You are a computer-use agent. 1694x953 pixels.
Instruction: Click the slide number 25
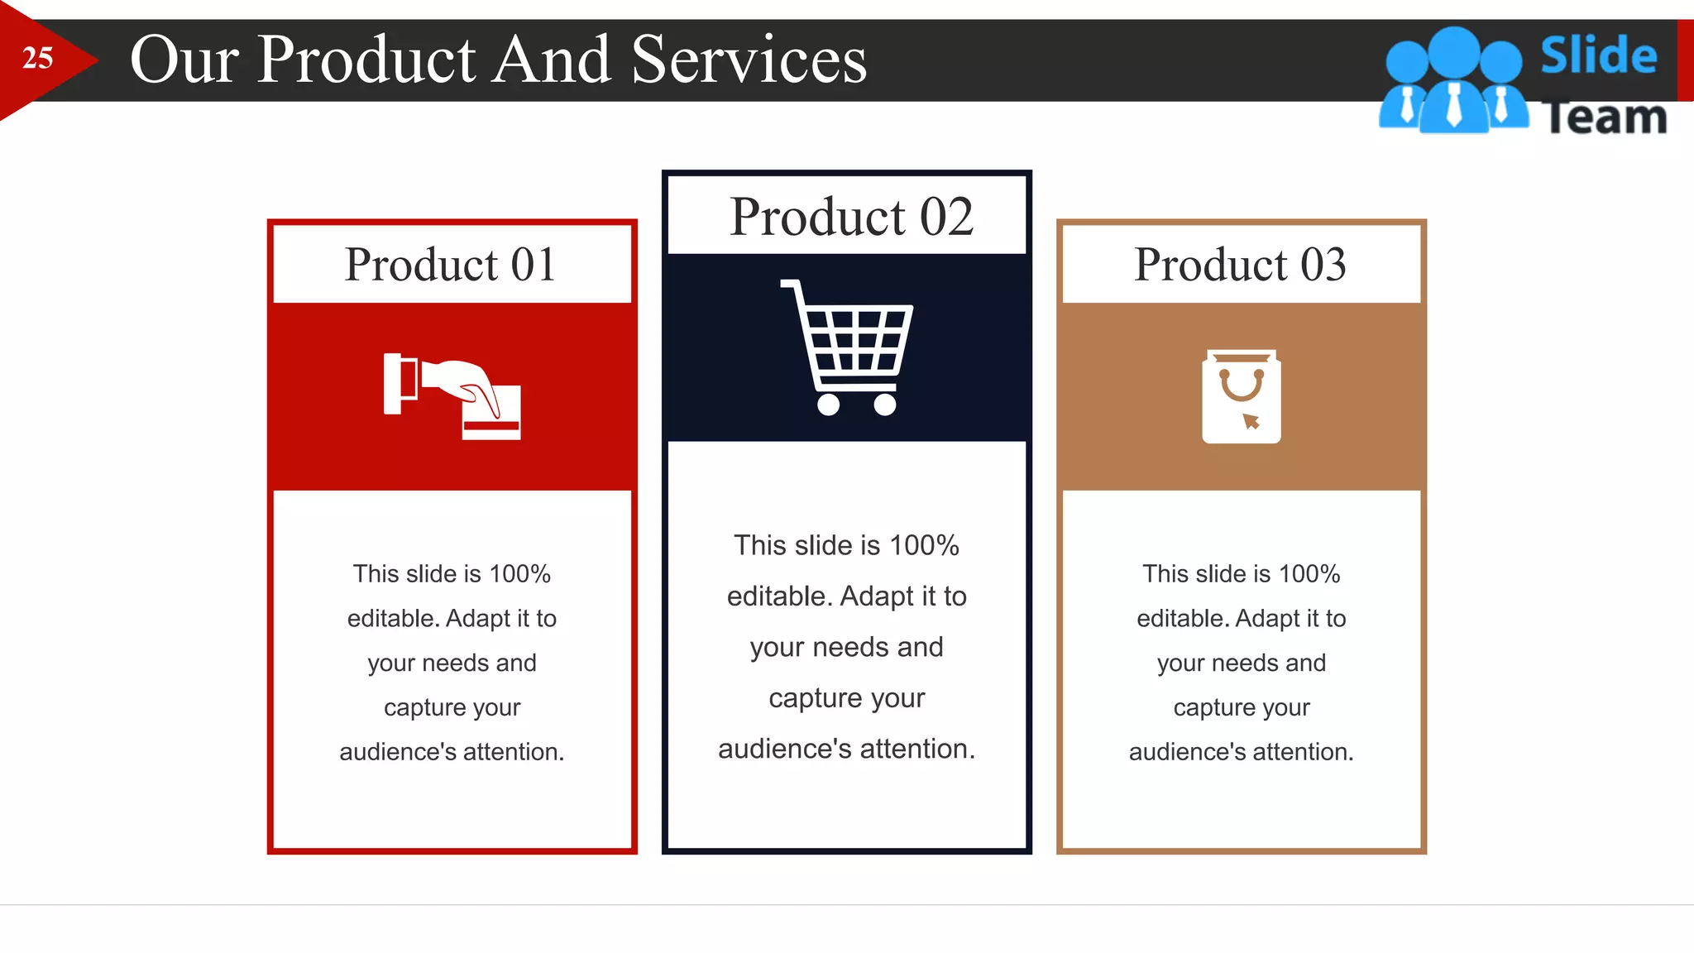37,59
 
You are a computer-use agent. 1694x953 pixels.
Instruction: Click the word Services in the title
749,60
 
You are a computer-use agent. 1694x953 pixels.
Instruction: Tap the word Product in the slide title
366,60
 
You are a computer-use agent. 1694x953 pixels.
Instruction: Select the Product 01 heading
450,265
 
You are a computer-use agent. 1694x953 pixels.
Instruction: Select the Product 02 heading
851,217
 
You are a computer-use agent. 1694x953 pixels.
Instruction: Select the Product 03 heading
1240,265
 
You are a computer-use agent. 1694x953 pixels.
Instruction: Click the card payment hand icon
452,395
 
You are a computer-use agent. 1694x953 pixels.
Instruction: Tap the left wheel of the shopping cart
828,405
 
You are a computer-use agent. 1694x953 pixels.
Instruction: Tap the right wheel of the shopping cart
884,405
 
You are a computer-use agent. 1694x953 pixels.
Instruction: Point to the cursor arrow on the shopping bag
1251,421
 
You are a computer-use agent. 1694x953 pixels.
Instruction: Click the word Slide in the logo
1598,55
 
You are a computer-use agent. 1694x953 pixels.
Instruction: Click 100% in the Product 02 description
924,545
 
